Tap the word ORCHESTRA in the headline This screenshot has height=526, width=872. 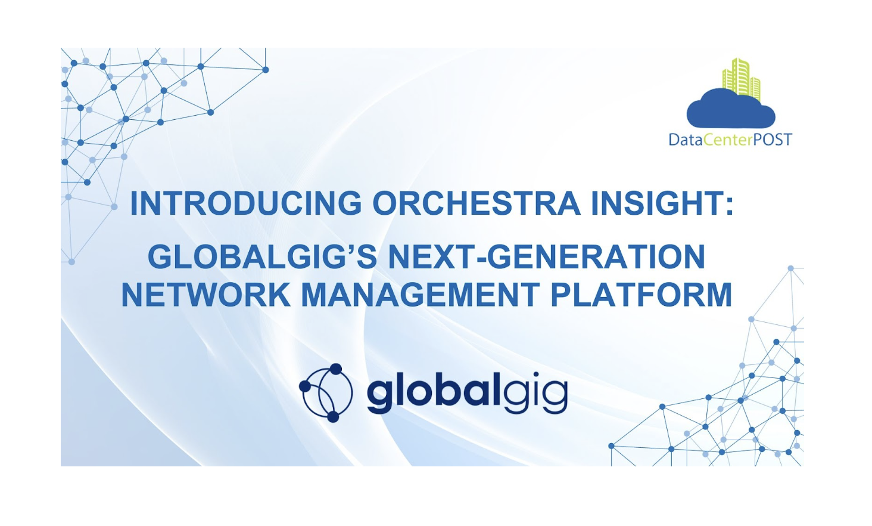point(477,204)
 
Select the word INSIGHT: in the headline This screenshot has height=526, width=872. point(662,204)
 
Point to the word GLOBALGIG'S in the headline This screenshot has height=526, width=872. point(263,257)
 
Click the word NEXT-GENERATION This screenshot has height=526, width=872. point(547,257)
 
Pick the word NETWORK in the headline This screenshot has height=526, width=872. point(205,295)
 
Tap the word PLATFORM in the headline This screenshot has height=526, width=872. point(641,295)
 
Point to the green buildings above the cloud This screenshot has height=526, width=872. point(741,78)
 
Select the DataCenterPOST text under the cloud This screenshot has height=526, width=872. point(730,140)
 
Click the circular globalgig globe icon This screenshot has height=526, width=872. point(326,392)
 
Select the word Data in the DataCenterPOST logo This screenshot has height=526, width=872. point(685,140)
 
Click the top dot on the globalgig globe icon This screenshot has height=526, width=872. point(336,369)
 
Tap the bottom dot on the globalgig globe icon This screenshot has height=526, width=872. point(333,416)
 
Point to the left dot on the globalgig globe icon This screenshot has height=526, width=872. point(304,386)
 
